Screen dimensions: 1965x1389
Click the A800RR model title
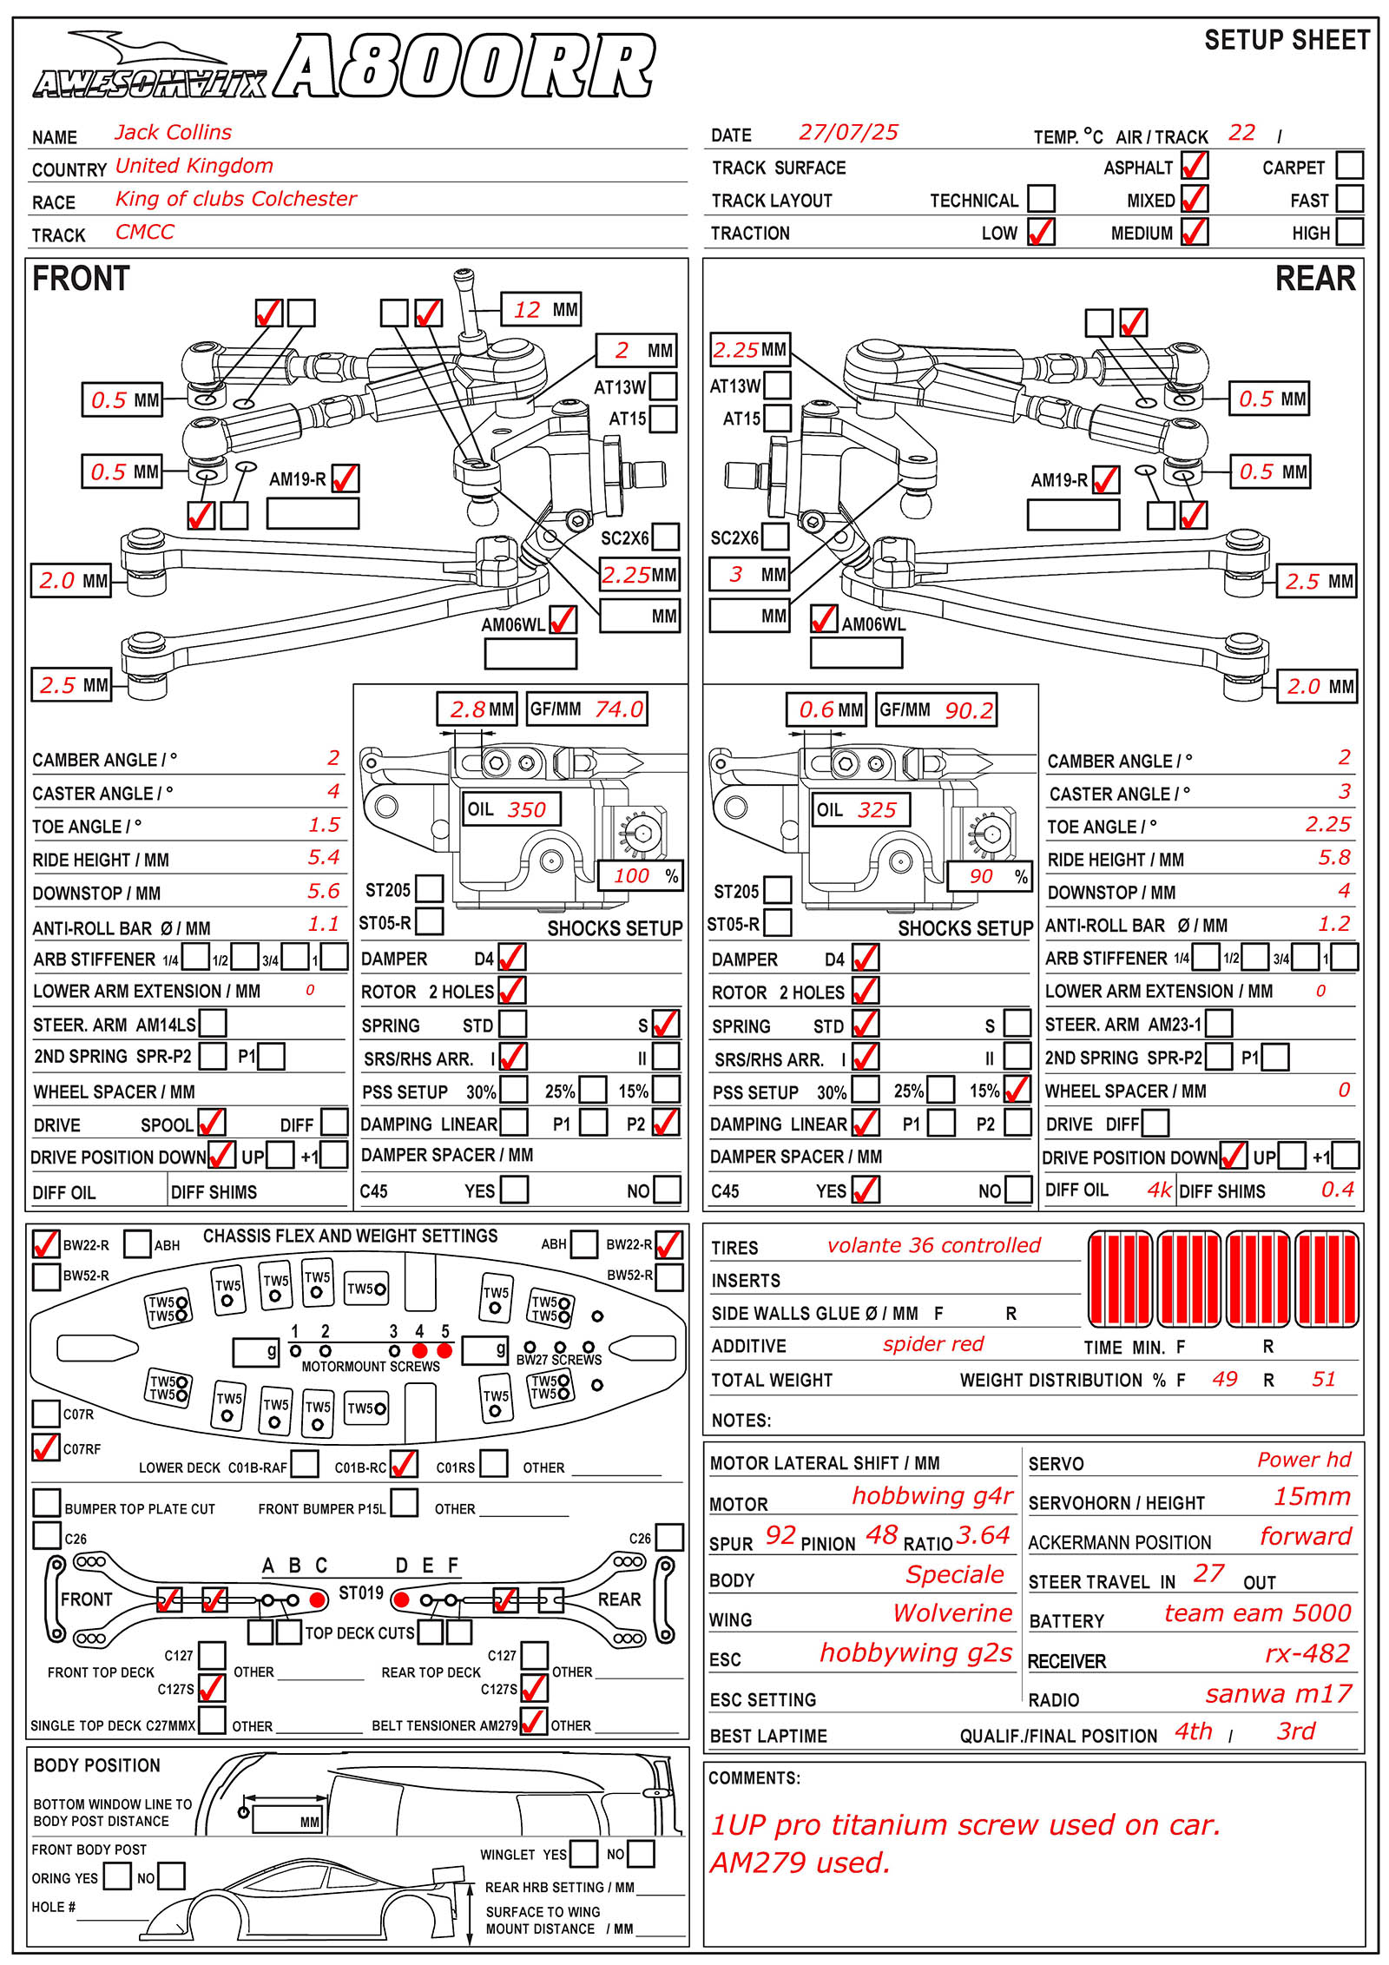point(465,68)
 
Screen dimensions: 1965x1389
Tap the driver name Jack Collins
point(173,133)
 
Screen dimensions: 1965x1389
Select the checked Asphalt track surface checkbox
point(1194,165)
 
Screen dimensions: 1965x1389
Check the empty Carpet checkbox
point(1349,165)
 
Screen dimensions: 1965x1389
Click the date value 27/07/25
point(848,133)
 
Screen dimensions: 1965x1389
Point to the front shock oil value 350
point(526,810)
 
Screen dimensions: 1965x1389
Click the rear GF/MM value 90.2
point(968,711)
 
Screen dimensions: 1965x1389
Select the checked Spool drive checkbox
point(211,1123)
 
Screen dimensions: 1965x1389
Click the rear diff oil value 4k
point(1159,1190)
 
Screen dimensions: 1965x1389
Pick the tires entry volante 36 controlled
point(933,1246)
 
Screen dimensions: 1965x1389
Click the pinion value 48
point(881,1535)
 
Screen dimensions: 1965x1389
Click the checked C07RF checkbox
point(45,1447)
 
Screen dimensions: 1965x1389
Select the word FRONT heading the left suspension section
point(81,279)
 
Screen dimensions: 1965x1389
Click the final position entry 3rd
point(1295,1731)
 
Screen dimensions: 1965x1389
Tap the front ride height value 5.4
point(323,858)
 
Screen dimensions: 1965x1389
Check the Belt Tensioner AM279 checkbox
point(532,1721)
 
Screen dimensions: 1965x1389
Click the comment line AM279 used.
point(800,1863)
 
